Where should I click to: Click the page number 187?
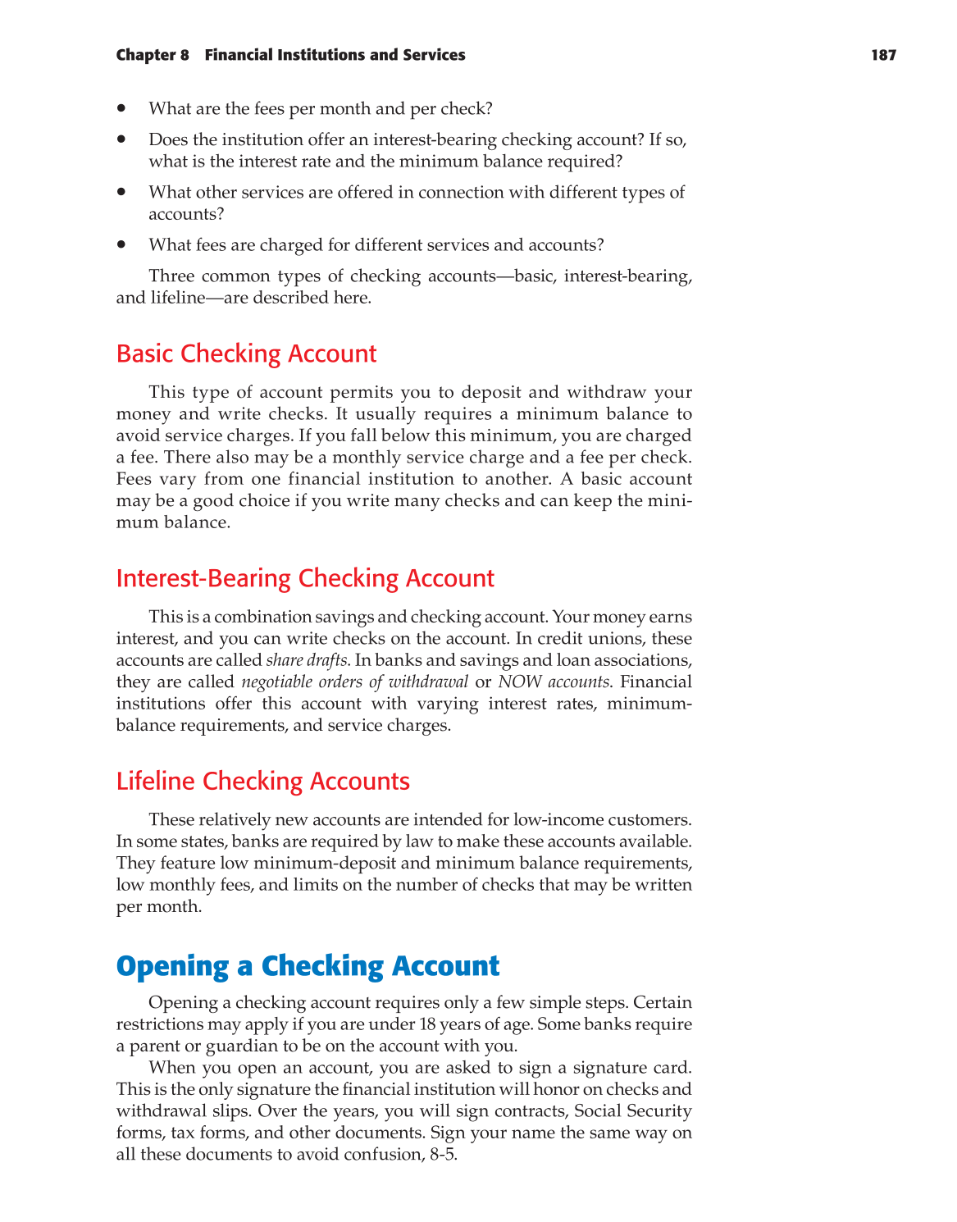(x=883, y=55)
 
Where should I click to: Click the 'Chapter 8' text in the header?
(x=153, y=55)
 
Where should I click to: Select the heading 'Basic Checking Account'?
(x=246, y=353)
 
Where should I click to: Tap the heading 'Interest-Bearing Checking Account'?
(x=305, y=578)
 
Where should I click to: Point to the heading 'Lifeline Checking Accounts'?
(x=262, y=781)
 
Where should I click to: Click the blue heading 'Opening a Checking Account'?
(x=308, y=966)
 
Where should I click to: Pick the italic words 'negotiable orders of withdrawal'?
(x=355, y=682)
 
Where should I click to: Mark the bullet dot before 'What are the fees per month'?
(x=121, y=107)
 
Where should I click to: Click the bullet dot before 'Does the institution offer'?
(x=121, y=139)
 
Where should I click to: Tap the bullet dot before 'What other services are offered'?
(x=121, y=191)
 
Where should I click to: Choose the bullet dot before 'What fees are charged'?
(x=121, y=244)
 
